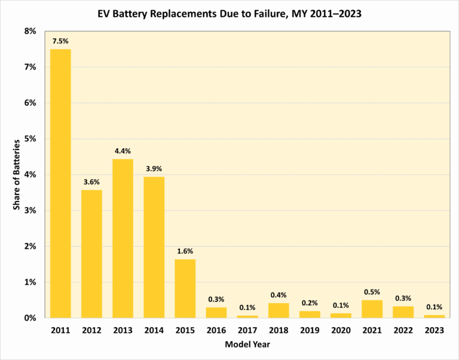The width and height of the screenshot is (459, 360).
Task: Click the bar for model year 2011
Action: coord(60,183)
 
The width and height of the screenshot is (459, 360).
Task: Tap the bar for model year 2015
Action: coord(185,288)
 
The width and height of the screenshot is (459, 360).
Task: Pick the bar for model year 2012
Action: coord(91,254)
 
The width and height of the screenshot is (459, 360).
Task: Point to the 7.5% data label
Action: coord(60,41)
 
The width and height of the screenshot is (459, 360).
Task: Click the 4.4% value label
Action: coord(123,151)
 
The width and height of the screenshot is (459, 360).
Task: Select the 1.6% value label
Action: coord(185,251)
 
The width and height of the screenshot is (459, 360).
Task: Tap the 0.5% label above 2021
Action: coord(372,292)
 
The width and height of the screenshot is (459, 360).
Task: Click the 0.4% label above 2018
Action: coord(279,295)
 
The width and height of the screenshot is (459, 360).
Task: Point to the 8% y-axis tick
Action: coord(29,31)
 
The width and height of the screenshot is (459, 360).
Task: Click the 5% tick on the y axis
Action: coord(29,139)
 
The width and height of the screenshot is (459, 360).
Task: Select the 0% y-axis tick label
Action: coord(29,318)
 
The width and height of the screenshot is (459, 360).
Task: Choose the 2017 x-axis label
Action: coord(247,330)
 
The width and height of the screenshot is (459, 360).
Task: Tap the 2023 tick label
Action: coord(434,330)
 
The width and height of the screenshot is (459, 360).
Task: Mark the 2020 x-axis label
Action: coord(341,330)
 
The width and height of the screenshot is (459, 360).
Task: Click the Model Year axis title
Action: coord(247,345)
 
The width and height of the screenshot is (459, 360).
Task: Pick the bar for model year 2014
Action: coord(154,247)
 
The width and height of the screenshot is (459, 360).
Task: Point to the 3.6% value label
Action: coord(91,182)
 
